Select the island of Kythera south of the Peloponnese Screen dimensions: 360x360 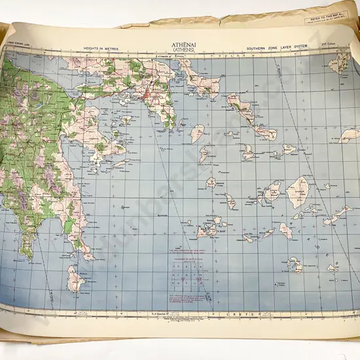tap(75, 279)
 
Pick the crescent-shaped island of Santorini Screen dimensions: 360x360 tap(295, 265)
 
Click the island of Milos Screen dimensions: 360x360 tap(207, 230)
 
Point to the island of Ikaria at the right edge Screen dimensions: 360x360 tap(350, 135)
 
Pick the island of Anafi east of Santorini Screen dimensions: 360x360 tap(333, 268)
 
